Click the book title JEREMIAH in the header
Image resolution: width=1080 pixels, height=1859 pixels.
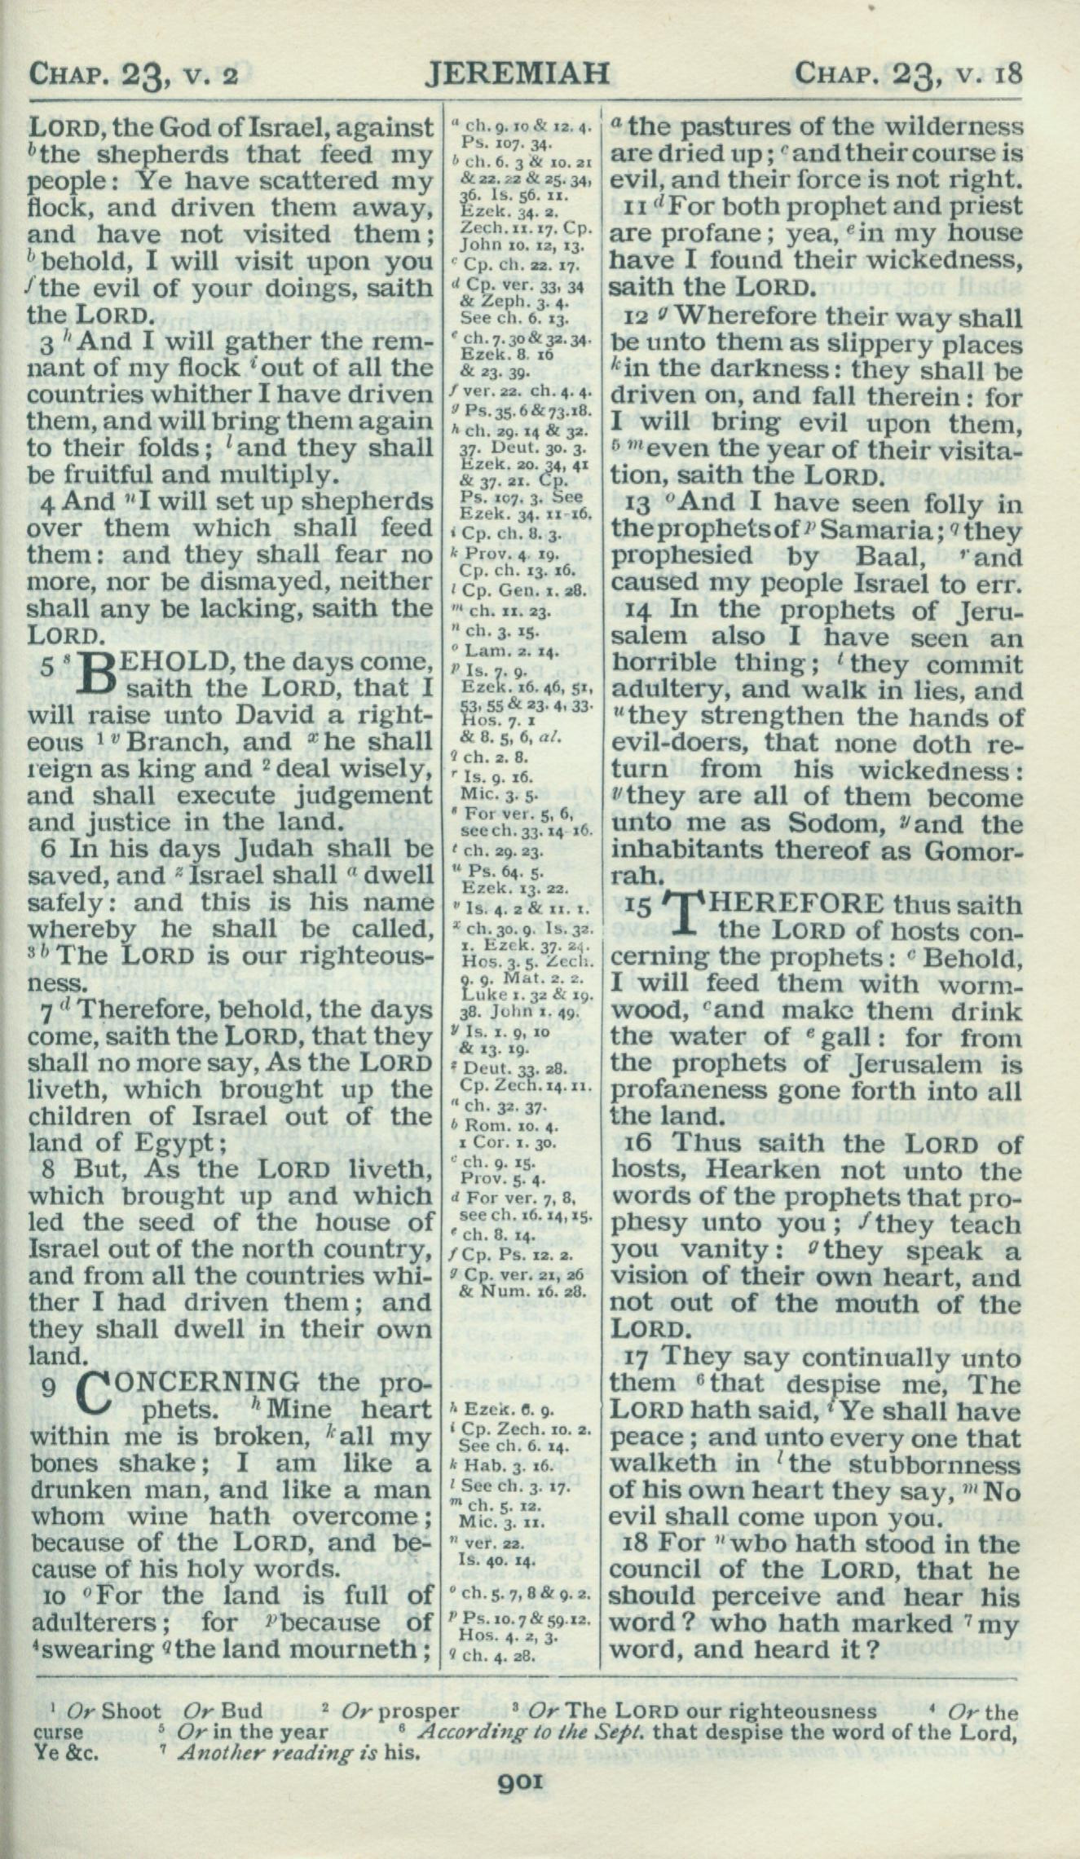[x=518, y=74]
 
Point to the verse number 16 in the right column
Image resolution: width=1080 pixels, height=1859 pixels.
[x=641, y=1145]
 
